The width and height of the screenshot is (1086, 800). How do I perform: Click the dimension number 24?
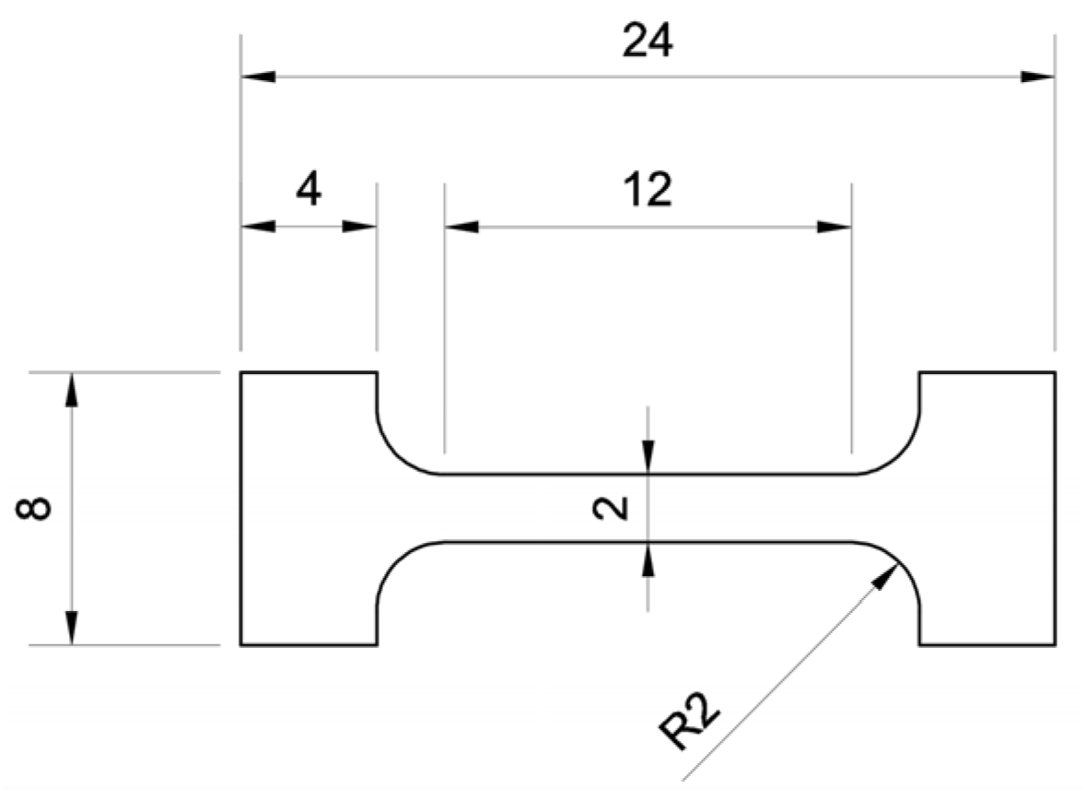pyautogui.click(x=647, y=41)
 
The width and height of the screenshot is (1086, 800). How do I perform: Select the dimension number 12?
pyautogui.click(x=647, y=191)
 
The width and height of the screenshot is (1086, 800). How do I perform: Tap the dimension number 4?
pyautogui.click(x=308, y=191)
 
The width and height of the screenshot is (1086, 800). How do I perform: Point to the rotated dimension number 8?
pyautogui.click(x=39, y=509)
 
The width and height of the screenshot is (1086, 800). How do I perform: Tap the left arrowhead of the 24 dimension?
pyautogui.click(x=258, y=76)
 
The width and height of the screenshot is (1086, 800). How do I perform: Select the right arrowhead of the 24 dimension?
pyautogui.click(x=1037, y=76)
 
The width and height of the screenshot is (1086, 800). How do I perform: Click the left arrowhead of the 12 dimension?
pyautogui.click(x=461, y=227)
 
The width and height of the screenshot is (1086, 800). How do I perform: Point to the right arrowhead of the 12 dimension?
pyautogui.click(x=835, y=227)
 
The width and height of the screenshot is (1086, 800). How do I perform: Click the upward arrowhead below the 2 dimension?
pyautogui.click(x=648, y=559)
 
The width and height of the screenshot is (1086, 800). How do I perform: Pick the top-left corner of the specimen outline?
pyautogui.click(x=241, y=372)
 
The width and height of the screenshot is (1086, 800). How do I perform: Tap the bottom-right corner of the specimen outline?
pyautogui.click(x=1055, y=644)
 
